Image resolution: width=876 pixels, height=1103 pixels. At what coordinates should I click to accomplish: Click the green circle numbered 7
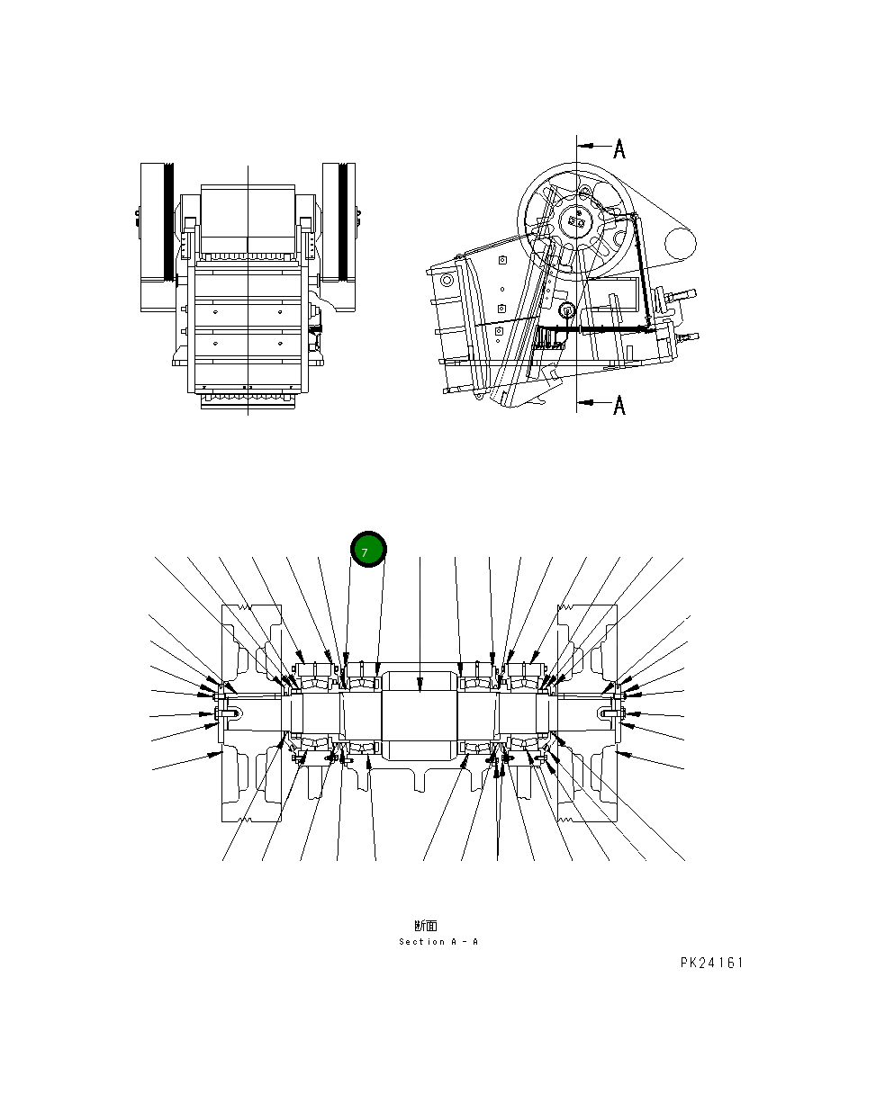pos(367,550)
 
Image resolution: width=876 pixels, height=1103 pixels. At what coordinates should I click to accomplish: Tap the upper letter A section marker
pos(619,148)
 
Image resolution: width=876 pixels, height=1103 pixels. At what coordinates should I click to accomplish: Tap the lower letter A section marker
pos(619,407)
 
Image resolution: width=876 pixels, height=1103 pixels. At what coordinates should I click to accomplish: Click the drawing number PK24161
pos(711,964)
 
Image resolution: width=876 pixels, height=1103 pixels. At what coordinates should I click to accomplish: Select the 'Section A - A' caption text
pos(438,942)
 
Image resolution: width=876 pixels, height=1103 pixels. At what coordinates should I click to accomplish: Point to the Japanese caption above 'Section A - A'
pos(426,925)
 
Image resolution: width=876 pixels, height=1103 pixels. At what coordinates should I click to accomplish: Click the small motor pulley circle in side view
pos(681,241)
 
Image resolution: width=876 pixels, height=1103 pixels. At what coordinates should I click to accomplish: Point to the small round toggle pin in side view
pos(567,310)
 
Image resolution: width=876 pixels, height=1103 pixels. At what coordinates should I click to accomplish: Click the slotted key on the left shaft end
pos(230,714)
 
